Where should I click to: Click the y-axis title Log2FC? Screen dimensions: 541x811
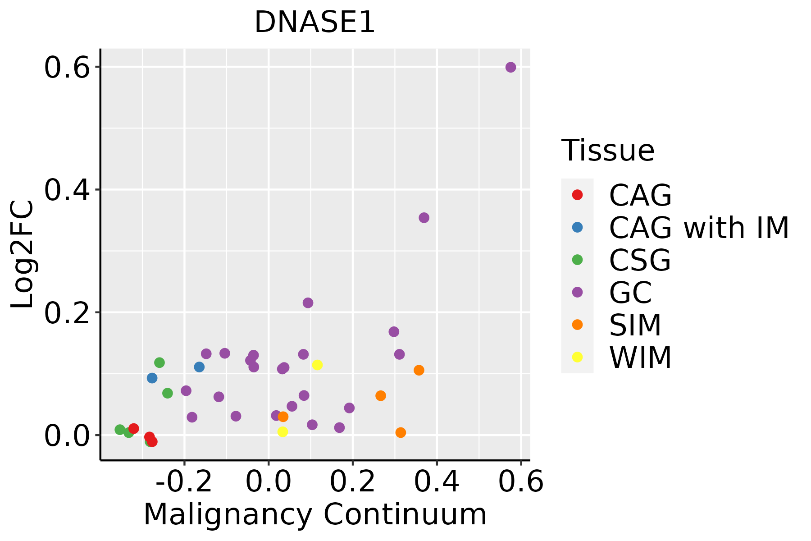(x=23, y=255)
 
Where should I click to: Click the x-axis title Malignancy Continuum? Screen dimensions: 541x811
(x=315, y=514)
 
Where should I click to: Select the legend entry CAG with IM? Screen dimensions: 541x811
(x=698, y=228)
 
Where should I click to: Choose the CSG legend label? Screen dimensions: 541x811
(x=640, y=260)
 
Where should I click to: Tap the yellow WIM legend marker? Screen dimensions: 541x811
(x=577, y=357)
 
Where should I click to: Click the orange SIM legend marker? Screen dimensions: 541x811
(x=577, y=325)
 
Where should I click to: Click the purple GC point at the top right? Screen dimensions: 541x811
(x=510, y=68)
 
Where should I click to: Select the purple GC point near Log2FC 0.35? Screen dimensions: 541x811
(x=424, y=218)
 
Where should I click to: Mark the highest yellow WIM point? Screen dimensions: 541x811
(x=317, y=365)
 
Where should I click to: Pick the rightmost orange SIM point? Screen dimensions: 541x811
(x=419, y=370)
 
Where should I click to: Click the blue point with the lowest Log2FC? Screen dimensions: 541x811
(x=152, y=378)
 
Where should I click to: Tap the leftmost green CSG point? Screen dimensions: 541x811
(x=120, y=430)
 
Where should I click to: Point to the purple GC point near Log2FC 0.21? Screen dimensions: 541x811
(x=308, y=303)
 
